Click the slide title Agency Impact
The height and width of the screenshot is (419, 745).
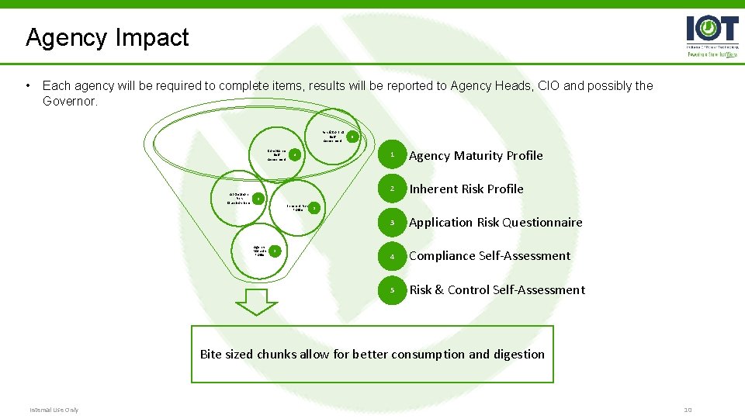pos(107,37)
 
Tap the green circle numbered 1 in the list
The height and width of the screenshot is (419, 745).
pos(393,156)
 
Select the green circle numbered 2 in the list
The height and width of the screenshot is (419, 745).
pos(393,189)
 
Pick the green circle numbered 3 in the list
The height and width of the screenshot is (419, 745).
pos(393,223)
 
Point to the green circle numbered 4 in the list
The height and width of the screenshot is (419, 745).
pos(393,256)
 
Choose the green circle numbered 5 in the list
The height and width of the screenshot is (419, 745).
pos(393,290)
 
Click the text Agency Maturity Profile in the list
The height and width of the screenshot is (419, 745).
pos(476,156)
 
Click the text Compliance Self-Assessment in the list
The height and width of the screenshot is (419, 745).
pos(490,256)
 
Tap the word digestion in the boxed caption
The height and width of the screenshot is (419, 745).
pos(516,355)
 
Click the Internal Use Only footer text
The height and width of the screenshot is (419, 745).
pos(54,410)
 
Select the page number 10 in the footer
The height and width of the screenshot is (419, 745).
pos(687,410)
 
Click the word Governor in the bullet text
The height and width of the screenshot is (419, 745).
pos(71,101)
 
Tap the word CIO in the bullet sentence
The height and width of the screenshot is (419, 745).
pos(546,86)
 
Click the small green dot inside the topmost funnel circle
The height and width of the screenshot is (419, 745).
pos(352,137)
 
